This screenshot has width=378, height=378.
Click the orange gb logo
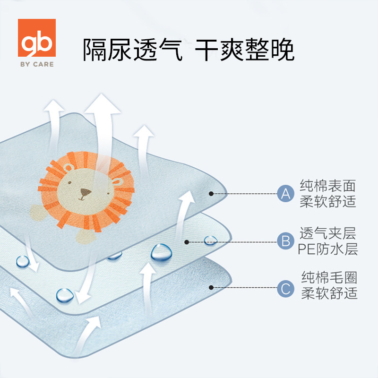tap(36, 39)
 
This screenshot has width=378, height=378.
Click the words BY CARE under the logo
tap(36, 64)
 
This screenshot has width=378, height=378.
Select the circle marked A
tap(285, 193)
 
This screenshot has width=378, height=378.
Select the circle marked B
tap(285, 241)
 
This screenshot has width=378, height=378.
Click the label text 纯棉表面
tap(328, 185)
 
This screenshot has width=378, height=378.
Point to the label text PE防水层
tap(328, 249)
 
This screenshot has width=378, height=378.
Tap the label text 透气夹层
tap(328, 233)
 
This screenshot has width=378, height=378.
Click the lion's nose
tap(86, 192)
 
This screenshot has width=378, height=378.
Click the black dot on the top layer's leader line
tap(211, 193)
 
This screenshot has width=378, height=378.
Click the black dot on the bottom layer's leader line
tap(211, 287)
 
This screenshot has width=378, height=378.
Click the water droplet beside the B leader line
tap(210, 240)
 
